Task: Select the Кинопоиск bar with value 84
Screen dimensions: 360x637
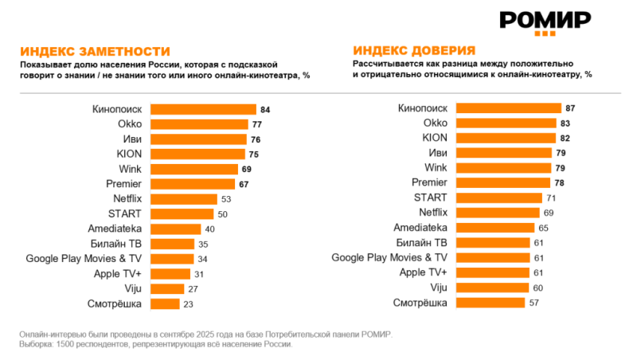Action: point(203,109)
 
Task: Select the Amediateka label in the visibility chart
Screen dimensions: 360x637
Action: point(115,228)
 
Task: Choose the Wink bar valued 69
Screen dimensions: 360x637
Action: point(193,169)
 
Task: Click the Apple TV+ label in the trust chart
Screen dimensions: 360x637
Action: point(421,272)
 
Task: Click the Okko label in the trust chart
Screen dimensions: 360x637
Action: point(436,123)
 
